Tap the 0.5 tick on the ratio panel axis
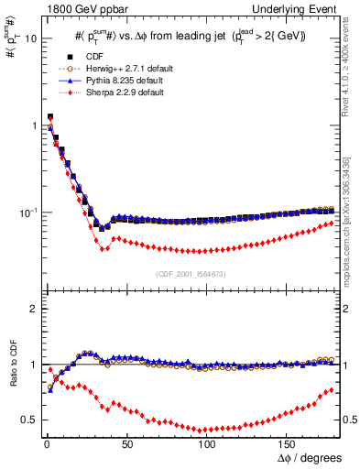click(x=28, y=420)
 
